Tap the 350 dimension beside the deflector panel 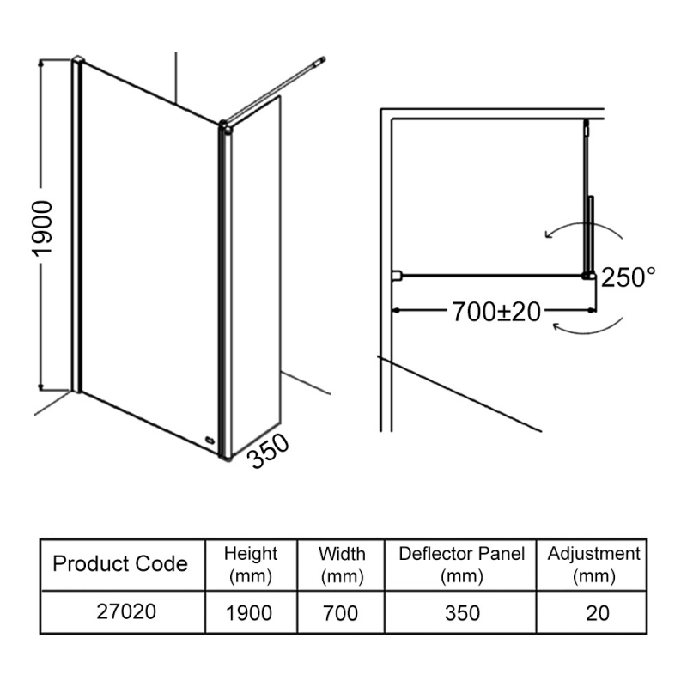269,453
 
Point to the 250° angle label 628,277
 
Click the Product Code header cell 120,564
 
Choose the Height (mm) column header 250,564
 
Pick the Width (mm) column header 342,564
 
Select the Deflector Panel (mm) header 461,564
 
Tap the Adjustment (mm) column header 593,564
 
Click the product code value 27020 120,612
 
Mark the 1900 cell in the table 250,612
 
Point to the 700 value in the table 342,612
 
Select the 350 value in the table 461,612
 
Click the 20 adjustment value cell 593,612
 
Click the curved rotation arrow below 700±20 588,327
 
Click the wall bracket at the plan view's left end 397,276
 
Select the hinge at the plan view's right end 589,275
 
